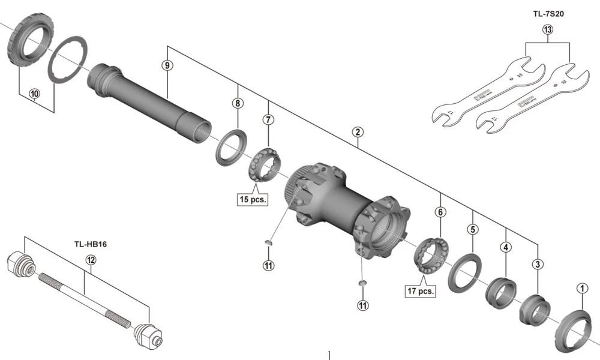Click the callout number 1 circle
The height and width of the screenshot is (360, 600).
click(580, 288)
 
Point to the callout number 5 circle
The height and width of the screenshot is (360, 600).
click(473, 229)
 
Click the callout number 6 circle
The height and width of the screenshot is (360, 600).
click(440, 212)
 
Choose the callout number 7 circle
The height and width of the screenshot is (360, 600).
click(268, 119)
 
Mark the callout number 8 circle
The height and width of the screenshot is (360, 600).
click(238, 103)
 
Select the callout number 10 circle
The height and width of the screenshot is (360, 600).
click(34, 94)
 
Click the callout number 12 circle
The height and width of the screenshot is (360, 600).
click(91, 260)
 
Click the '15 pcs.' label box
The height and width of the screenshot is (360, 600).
click(252, 199)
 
